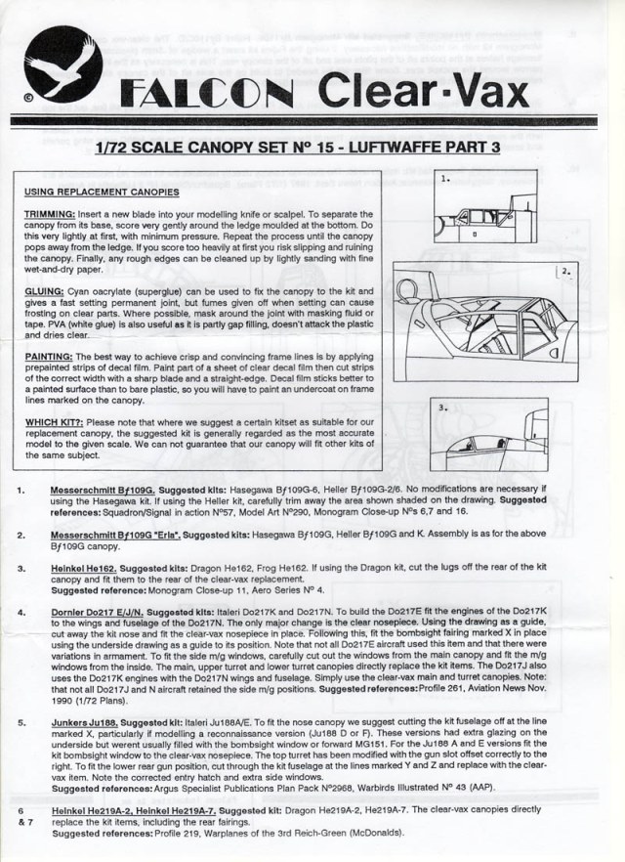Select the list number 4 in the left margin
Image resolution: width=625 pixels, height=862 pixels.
click(x=21, y=611)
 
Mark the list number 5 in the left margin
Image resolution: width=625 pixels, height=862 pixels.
click(x=21, y=723)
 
